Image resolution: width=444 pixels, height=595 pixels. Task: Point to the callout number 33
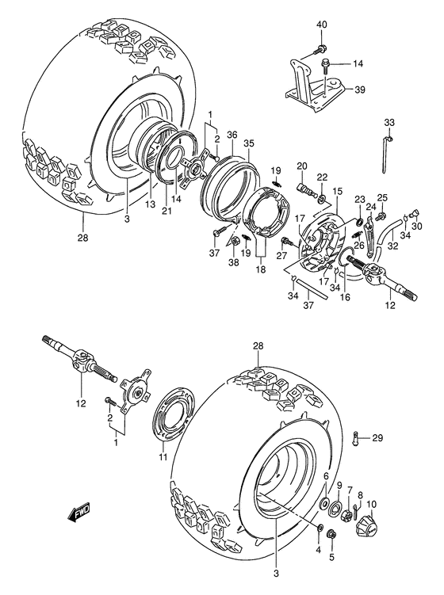[388, 122]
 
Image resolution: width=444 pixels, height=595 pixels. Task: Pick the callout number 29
[377, 437]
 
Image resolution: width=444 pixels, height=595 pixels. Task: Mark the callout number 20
[301, 166]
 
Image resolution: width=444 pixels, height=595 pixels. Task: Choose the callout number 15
[337, 191]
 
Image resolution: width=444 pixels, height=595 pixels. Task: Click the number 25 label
[382, 197]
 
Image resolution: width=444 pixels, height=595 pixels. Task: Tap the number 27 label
[280, 255]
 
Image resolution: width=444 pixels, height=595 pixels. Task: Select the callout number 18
[259, 270]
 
